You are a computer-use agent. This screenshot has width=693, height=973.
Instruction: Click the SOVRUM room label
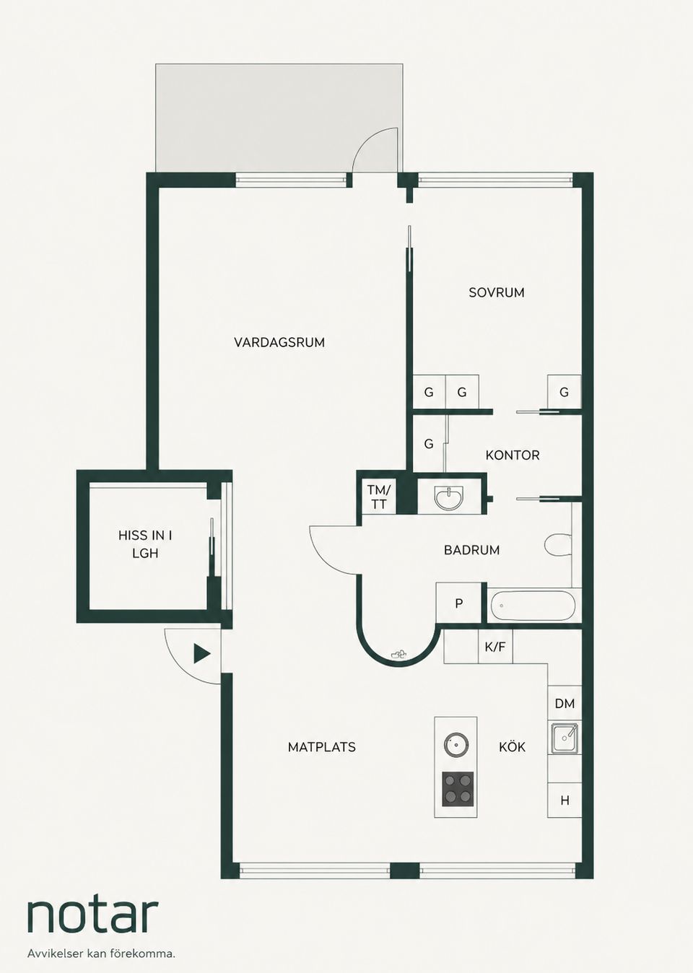(496, 292)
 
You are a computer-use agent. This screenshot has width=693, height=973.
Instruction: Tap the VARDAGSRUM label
(279, 342)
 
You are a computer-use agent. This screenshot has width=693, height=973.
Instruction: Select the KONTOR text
(513, 455)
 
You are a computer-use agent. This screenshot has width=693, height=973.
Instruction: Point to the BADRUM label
(471, 550)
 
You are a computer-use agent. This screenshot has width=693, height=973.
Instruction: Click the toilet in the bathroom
(557, 544)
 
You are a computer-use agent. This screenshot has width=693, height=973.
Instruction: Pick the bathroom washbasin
(449, 498)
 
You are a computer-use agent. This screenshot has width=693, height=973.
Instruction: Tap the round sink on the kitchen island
(456, 744)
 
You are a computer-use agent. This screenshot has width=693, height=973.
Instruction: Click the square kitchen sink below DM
(565, 738)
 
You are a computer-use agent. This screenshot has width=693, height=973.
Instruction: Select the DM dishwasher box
(565, 702)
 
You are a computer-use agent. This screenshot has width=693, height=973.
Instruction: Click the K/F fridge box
(495, 647)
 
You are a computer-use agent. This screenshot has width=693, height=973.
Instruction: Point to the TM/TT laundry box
(379, 497)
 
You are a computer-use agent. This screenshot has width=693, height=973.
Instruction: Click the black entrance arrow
(201, 654)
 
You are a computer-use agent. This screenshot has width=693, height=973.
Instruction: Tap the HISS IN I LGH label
(145, 544)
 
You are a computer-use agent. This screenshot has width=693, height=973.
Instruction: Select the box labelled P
(459, 603)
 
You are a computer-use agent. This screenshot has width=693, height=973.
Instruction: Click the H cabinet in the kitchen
(565, 800)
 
